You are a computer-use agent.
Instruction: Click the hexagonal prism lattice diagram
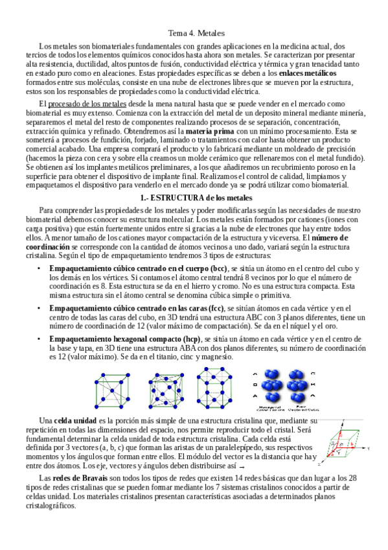tap(220, 390)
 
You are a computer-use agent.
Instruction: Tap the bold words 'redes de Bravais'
tap(76, 478)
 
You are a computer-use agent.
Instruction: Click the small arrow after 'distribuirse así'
tap(242, 466)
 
